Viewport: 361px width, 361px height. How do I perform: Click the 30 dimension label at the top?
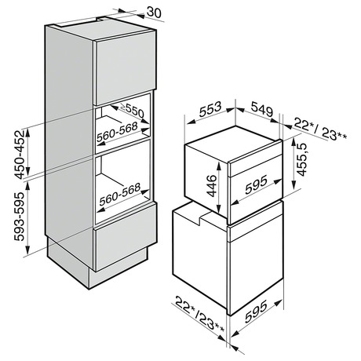154,13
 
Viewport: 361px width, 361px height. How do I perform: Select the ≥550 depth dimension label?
133,110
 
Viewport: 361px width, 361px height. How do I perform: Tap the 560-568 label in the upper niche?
117,132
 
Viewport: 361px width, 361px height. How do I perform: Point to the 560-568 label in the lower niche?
120,194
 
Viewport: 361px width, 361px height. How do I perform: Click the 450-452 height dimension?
20,155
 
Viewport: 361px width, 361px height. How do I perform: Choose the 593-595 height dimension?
20,217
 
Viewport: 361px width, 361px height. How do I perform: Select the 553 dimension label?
210,109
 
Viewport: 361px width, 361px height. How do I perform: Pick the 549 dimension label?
262,109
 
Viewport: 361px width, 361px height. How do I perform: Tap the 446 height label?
212,185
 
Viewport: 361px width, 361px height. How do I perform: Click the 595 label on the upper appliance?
256,184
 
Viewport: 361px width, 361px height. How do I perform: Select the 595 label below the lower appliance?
256,312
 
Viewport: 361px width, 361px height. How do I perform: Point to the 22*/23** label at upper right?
320,129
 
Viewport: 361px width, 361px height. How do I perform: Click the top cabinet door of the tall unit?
125,68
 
